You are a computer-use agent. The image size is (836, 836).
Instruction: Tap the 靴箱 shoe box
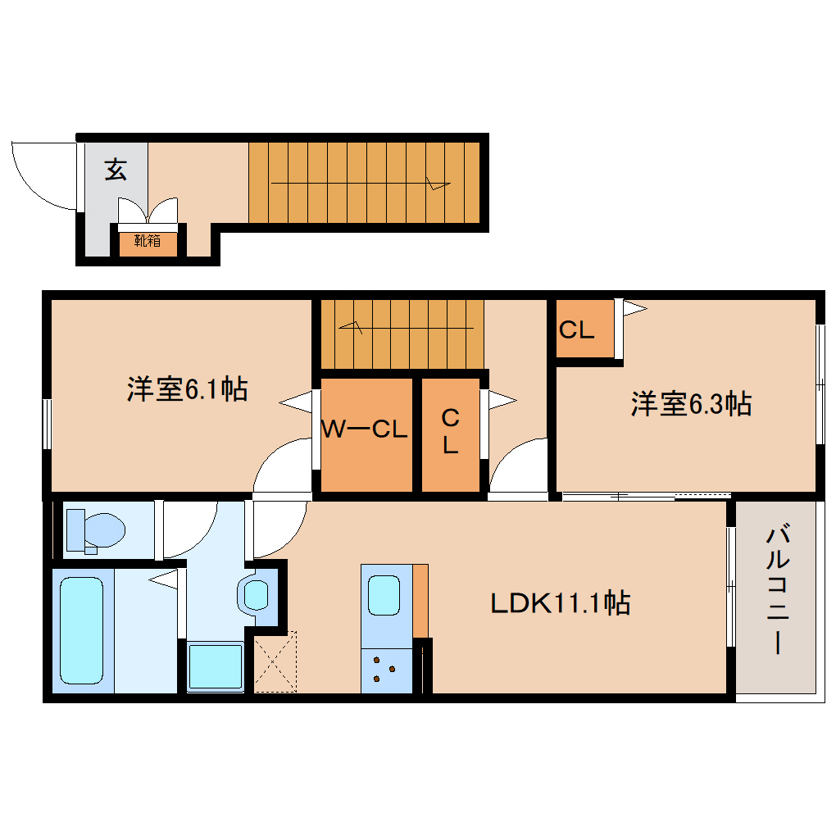tap(148, 241)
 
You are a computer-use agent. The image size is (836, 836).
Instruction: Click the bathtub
tap(81, 629)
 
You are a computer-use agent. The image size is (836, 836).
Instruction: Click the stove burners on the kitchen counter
tap(384, 667)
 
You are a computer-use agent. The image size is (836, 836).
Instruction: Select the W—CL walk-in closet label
tap(364, 429)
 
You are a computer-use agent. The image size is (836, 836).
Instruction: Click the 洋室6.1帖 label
tap(187, 388)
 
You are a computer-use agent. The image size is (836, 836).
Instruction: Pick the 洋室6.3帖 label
tap(691, 403)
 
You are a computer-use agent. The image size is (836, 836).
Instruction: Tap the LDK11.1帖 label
tap(560, 604)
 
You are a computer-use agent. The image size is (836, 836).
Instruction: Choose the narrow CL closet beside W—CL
tap(450, 432)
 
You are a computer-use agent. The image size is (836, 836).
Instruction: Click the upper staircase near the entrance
tap(363, 182)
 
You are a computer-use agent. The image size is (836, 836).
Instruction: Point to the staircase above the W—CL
tap(402, 334)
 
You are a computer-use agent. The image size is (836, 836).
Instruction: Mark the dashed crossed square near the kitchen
tap(275, 662)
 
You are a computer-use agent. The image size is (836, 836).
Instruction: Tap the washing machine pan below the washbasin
tap(215, 666)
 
